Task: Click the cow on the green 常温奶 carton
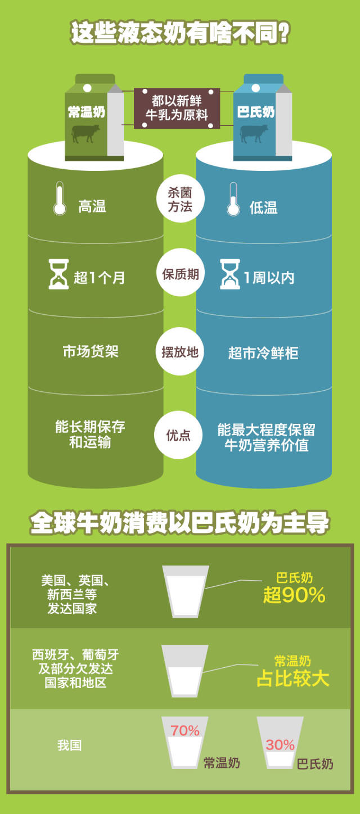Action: coord(85,133)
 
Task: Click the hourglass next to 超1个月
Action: coord(58,274)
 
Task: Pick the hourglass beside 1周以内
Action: coord(229,274)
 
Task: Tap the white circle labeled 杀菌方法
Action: coord(180,199)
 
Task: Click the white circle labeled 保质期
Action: coord(180,274)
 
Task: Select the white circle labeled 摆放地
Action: coord(180,352)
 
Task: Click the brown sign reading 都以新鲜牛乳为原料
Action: coord(177,107)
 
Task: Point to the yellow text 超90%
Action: coord(294,595)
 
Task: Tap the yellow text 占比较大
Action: coord(293,678)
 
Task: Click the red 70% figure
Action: coord(185,731)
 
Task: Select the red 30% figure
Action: coord(280,745)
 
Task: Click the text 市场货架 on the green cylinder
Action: coord(91,352)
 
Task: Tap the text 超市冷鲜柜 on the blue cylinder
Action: coord(263,353)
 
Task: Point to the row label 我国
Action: coord(69,745)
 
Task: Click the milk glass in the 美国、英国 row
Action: coord(186,591)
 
